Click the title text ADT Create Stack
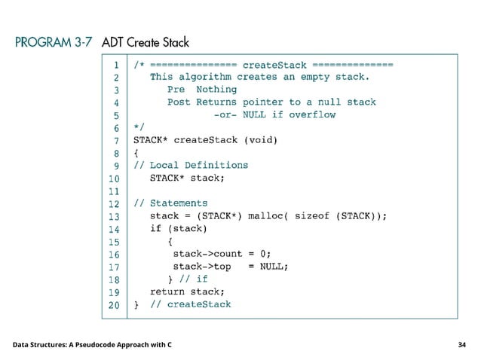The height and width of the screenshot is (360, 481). [145, 42]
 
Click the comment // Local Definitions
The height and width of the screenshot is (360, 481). [191, 165]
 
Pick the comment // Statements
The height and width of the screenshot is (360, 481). [170, 203]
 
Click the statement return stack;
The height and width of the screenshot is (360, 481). [187, 291]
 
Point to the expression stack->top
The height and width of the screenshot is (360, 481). [202, 266]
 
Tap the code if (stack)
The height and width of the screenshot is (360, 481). [178, 228]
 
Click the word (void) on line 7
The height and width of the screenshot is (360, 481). [260, 139]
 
